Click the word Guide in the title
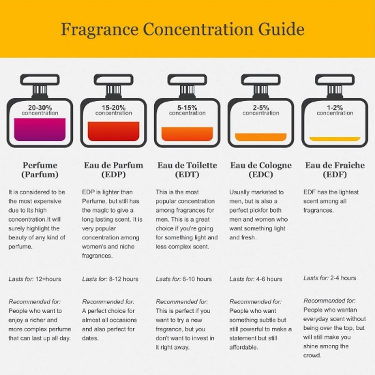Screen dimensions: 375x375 tap(281, 29)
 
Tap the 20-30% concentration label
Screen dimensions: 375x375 tap(40, 110)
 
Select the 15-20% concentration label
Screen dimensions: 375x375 tap(114, 110)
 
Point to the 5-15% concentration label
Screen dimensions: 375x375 tap(187, 110)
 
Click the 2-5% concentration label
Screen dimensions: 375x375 tap(261, 110)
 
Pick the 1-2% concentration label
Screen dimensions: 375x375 tap(335, 110)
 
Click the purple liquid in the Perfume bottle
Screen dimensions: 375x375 tap(40, 130)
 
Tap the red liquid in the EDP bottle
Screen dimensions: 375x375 tap(114, 132)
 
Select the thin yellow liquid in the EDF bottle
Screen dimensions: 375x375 tap(335, 139)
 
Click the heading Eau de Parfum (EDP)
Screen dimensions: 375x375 tap(114, 170)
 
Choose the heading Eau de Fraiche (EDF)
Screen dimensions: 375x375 tap(335, 170)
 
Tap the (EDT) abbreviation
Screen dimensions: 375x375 tap(187, 175)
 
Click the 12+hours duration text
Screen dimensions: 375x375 tap(48, 279)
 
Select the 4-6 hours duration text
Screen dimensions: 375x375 tap(269, 279)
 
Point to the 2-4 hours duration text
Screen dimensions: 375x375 tap(343, 278)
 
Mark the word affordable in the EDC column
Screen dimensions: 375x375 tap(243, 347)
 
